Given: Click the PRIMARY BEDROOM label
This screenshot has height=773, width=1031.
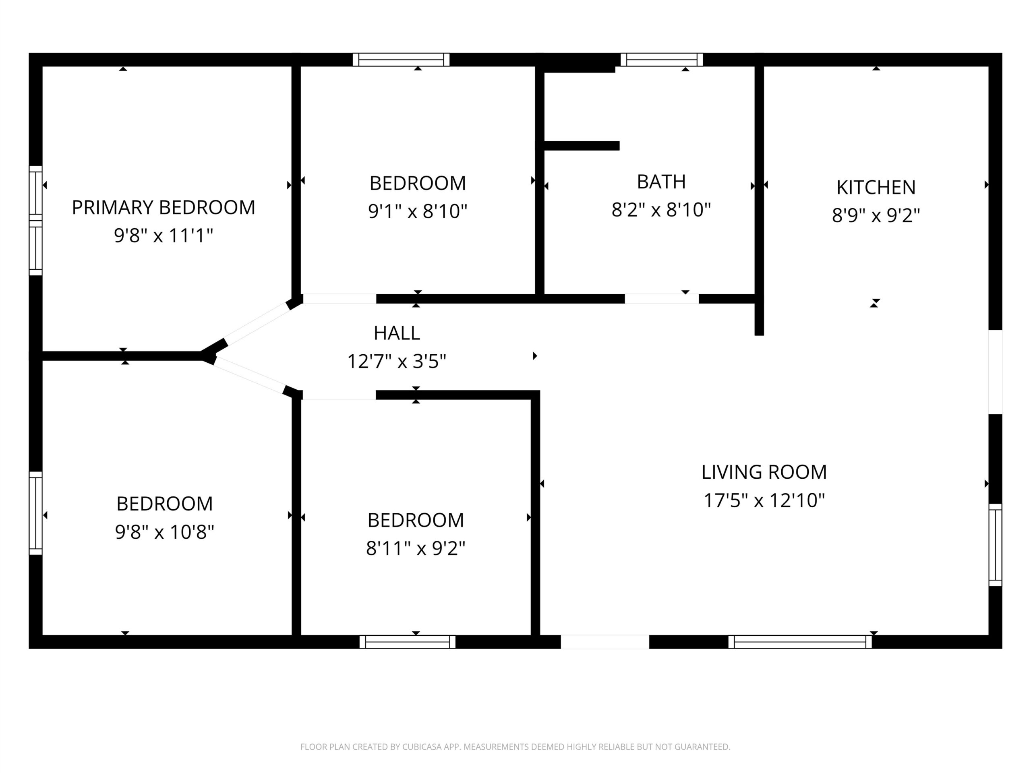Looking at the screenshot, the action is (163, 207).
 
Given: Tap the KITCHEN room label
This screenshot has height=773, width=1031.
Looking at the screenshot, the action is (876, 187).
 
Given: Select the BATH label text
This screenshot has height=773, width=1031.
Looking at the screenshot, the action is (661, 182).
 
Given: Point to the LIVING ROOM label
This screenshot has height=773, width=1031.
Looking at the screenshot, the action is (764, 472).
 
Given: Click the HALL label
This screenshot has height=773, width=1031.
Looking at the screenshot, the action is (397, 333).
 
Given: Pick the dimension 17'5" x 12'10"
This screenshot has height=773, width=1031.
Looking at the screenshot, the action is (764, 500).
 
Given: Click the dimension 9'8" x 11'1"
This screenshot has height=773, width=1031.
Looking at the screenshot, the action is (163, 235).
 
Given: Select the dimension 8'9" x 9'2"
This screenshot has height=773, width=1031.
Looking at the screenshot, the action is (876, 215).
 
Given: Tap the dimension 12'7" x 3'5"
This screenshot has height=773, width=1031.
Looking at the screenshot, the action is (397, 361).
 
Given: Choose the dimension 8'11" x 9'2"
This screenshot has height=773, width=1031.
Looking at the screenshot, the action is (415, 548).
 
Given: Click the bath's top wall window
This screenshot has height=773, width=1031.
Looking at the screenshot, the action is (661, 60).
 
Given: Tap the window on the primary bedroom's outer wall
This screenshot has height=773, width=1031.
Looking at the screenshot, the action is (36, 220).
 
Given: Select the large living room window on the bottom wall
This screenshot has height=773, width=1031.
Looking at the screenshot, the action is (800, 642).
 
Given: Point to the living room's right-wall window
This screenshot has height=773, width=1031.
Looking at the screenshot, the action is (995, 545).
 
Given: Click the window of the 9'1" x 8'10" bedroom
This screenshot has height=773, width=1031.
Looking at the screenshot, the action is (401, 60).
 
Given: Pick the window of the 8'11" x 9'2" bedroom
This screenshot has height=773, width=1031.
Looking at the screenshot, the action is (408, 642).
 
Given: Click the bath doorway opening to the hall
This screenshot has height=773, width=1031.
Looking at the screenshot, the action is (661, 299).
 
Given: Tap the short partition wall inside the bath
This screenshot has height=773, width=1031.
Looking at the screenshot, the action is (582, 146).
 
